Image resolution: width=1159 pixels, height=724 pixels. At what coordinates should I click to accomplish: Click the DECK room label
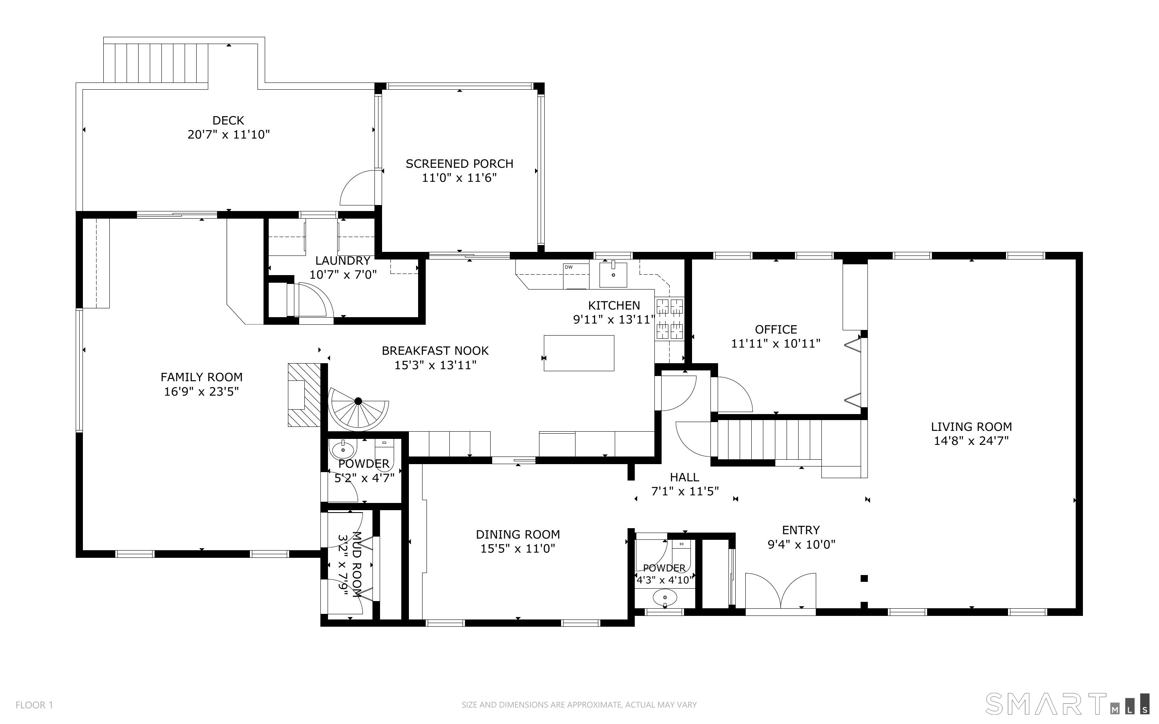pyautogui.click(x=228, y=120)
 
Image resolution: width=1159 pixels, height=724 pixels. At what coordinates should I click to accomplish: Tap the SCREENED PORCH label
pyautogui.click(x=460, y=164)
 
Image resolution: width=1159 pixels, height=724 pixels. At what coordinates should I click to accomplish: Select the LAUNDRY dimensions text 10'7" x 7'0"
pyautogui.click(x=343, y=275)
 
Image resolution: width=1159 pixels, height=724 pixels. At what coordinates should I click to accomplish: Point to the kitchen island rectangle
pyautogui.click(x=579, y=353)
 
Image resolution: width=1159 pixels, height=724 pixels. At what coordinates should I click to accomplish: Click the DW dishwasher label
pyautogui.click(x=569, y=267)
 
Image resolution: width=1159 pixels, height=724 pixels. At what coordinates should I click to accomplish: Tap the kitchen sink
pyautogui.click(x=613, y=274)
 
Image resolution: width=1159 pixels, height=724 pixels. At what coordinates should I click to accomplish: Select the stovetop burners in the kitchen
pyautogui.click(x=669, y=318)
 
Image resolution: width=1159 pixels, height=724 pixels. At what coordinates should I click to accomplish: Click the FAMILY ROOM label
pyautogui.click(x=201, y=377)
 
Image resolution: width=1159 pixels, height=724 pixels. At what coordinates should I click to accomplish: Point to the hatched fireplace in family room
pyautogui.click(x=304, y=394)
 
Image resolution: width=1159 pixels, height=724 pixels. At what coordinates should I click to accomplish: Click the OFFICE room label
pyautogui.click(x=776, y=330)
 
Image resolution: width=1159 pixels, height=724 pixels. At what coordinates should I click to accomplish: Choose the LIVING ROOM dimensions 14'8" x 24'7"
pyautogui.click(x=971, y=441)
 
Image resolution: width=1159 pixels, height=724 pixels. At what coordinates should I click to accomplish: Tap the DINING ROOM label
pyautogui.click(x=518, y=534)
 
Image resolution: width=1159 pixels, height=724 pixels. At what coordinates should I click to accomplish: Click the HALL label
pyautogui.click(x=684, y=477)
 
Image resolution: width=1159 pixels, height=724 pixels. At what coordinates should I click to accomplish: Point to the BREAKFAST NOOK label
pyautogui.click(x=435, y=351)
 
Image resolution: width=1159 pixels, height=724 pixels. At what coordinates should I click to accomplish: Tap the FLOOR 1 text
pyautogui.click(x=34, y=705)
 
